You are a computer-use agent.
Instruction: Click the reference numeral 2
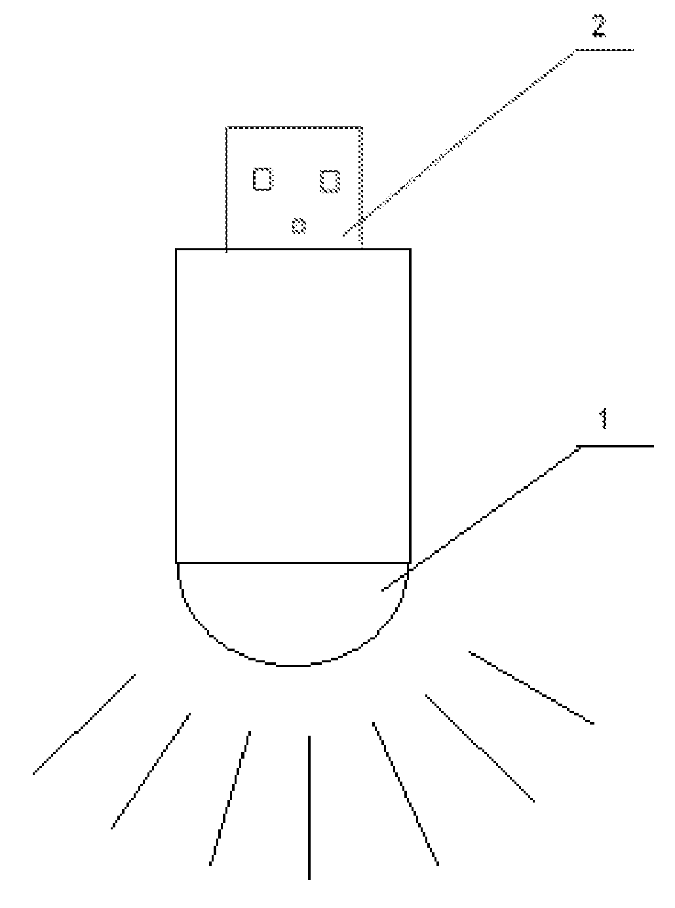click(599, 26)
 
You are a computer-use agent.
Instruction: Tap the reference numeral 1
click(604, 419)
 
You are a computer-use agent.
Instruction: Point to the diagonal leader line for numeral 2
click(459, 143)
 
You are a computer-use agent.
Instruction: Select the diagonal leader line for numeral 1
click(481, 518)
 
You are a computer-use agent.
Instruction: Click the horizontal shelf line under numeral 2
click(604, 50)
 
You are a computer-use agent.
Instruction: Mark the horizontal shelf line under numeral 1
click(615, 446)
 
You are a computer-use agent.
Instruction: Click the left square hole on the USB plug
click(263, 179)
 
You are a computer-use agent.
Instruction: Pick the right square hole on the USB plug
click(330, 181)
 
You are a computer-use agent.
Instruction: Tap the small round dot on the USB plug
click(299, 225)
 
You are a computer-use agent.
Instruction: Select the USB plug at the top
click(294, 188)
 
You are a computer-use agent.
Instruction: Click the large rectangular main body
click(294, 406)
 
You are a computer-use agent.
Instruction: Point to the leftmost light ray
click(84, 724)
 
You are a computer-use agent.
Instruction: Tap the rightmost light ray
click(531, 688)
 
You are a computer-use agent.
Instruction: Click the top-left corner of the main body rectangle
click(176, 249)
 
